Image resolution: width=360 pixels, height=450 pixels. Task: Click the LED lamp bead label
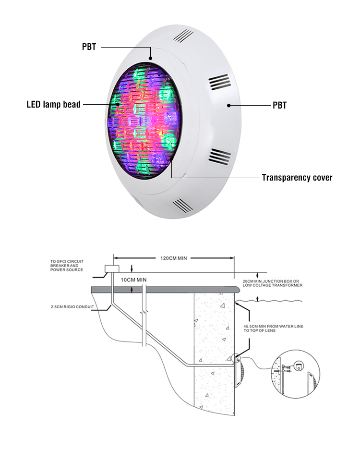[x=54, y=105]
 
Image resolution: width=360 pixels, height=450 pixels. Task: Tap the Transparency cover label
[x=297, y=177]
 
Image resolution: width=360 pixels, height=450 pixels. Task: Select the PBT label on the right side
[x=280, y=105]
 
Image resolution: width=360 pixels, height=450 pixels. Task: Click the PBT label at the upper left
[x=89, y=47]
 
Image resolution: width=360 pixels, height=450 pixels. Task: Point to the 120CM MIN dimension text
[x=174, y=258]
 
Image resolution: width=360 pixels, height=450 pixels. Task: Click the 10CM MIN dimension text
[x=133, y=280]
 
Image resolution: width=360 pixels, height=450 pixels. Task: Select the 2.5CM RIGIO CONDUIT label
[x=72, y=307]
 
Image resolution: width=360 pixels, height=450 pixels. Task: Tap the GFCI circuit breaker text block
[x=67, y=266]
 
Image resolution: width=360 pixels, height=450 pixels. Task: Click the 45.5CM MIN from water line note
[x=274, y=328]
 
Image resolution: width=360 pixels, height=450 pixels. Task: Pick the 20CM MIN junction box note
[x=273, y=283]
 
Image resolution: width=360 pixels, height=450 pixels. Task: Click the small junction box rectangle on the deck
[x=112, y=269]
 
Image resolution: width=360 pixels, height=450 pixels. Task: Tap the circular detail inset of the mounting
[x=296, y=374]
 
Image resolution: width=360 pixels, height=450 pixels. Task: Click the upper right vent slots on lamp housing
[x=220, y=82]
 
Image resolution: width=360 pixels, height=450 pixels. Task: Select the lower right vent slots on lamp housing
[x=219, y=157]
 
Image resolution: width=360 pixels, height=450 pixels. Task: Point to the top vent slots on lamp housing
[x=183, y=36]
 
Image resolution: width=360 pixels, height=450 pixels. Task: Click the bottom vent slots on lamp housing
[x=183, y=206]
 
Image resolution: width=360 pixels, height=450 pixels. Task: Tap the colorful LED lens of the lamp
[x=144, y=121]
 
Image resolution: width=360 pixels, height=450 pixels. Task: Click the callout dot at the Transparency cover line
[x=171, y=158]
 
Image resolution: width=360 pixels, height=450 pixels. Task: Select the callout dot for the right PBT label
[x=228, y=105]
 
